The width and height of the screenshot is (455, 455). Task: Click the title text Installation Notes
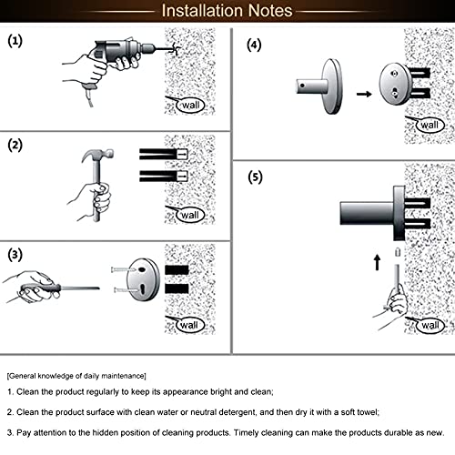pyautogui.click(x=227, y=11)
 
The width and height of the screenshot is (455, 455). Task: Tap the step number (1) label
pyautogui.click(x=15, y=41)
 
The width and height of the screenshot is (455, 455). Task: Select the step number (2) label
pyautogui.click(x=15, y=145)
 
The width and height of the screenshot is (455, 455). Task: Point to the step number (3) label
pyautogui.click(x=15, y=255)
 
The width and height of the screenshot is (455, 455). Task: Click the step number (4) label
pyautogui.click(x=254, y=45)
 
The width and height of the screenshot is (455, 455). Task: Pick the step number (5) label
pyautogui.click(x=255, y=177)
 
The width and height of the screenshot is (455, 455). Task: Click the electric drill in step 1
pyautogui.click(x=127, y=52)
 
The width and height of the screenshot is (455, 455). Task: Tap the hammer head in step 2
pyautogui.click(x=97, y=156)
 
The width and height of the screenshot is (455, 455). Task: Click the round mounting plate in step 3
pyautogui.click(x=143, y=279)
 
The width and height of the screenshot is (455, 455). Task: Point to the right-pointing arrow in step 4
pyautogui.click(x=364, y=94)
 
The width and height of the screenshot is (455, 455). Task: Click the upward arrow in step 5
pyautogui.click(x=377, y=262)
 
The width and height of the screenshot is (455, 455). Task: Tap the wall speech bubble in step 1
pyautogui.click(x=190, y=106)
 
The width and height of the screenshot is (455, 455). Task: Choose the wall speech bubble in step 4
pyautogui.click(x=430, y=125)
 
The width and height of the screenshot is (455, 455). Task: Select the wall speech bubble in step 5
pyautogui.click(x=430, y=325)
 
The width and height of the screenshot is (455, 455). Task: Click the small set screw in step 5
pyautogui.click(x=398, y=252)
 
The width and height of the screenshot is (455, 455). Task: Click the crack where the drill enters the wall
pyautogui.click(x=176, y=48)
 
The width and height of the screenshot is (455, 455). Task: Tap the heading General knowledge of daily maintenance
pyautogui.click(x=76, y=376)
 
